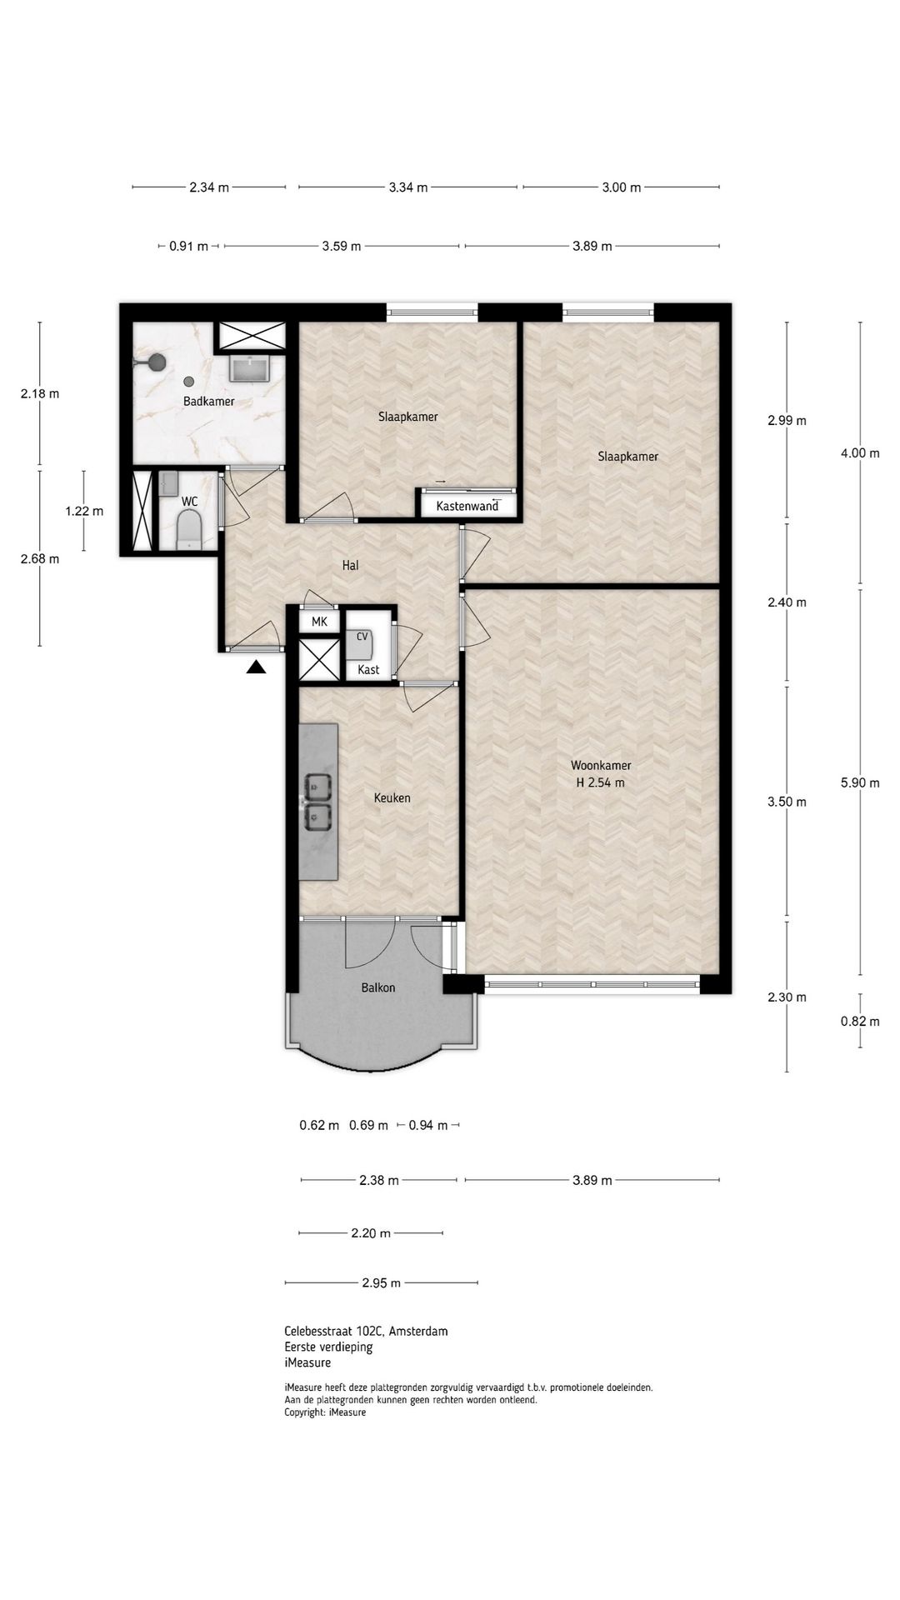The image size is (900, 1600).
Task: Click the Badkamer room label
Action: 208,402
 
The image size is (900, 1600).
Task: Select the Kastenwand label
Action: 467,506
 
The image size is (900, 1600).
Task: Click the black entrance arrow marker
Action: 256,667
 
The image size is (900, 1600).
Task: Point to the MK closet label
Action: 319,622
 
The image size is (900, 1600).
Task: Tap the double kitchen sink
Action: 317,801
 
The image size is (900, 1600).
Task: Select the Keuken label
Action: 392,797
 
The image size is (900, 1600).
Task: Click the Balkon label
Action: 377,987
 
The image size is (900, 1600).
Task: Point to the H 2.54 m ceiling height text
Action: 600,782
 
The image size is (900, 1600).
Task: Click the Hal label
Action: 350,565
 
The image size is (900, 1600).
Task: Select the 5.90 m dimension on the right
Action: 860,782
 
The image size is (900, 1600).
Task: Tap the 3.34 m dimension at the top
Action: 408,187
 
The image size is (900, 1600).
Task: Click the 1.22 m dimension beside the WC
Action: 84,511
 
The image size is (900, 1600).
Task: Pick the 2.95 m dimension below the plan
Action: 381,1282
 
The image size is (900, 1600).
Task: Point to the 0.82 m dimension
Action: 860,1021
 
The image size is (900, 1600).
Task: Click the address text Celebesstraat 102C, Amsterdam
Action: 366,1331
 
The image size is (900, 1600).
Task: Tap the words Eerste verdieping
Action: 328,1347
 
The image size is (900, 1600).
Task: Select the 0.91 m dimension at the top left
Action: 188,246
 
